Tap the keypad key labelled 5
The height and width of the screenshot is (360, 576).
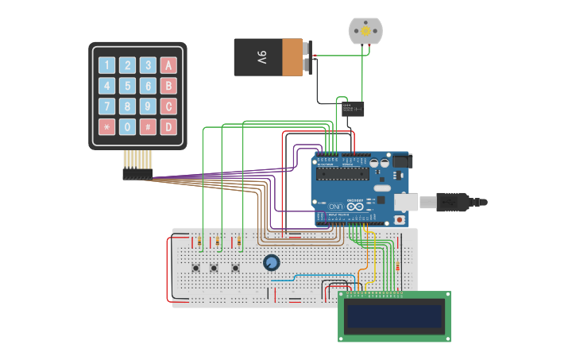127,86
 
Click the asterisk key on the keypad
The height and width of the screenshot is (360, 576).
106,126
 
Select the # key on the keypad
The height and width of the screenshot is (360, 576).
148,126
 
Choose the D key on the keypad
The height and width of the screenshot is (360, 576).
168,126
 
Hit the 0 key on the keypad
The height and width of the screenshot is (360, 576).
127,126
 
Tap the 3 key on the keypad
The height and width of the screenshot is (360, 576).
148,65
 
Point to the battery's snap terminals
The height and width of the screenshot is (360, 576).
307,57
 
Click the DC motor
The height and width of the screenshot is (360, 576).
365,31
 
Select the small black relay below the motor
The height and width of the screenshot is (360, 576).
354,108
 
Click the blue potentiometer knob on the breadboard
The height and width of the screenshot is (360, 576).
272,262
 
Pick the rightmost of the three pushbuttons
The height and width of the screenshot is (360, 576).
235,268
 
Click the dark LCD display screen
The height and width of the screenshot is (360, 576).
394,316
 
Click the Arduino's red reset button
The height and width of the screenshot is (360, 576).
399,219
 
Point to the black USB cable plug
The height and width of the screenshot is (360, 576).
453,202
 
